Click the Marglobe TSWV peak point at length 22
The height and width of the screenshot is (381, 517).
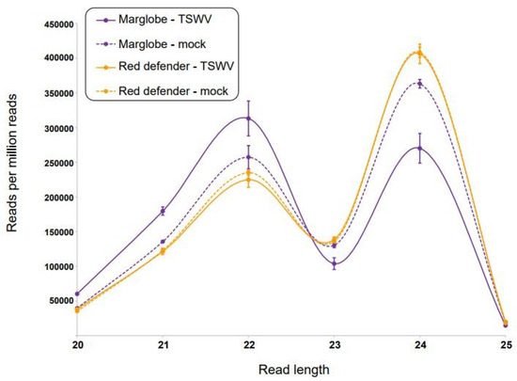point(248,119)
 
